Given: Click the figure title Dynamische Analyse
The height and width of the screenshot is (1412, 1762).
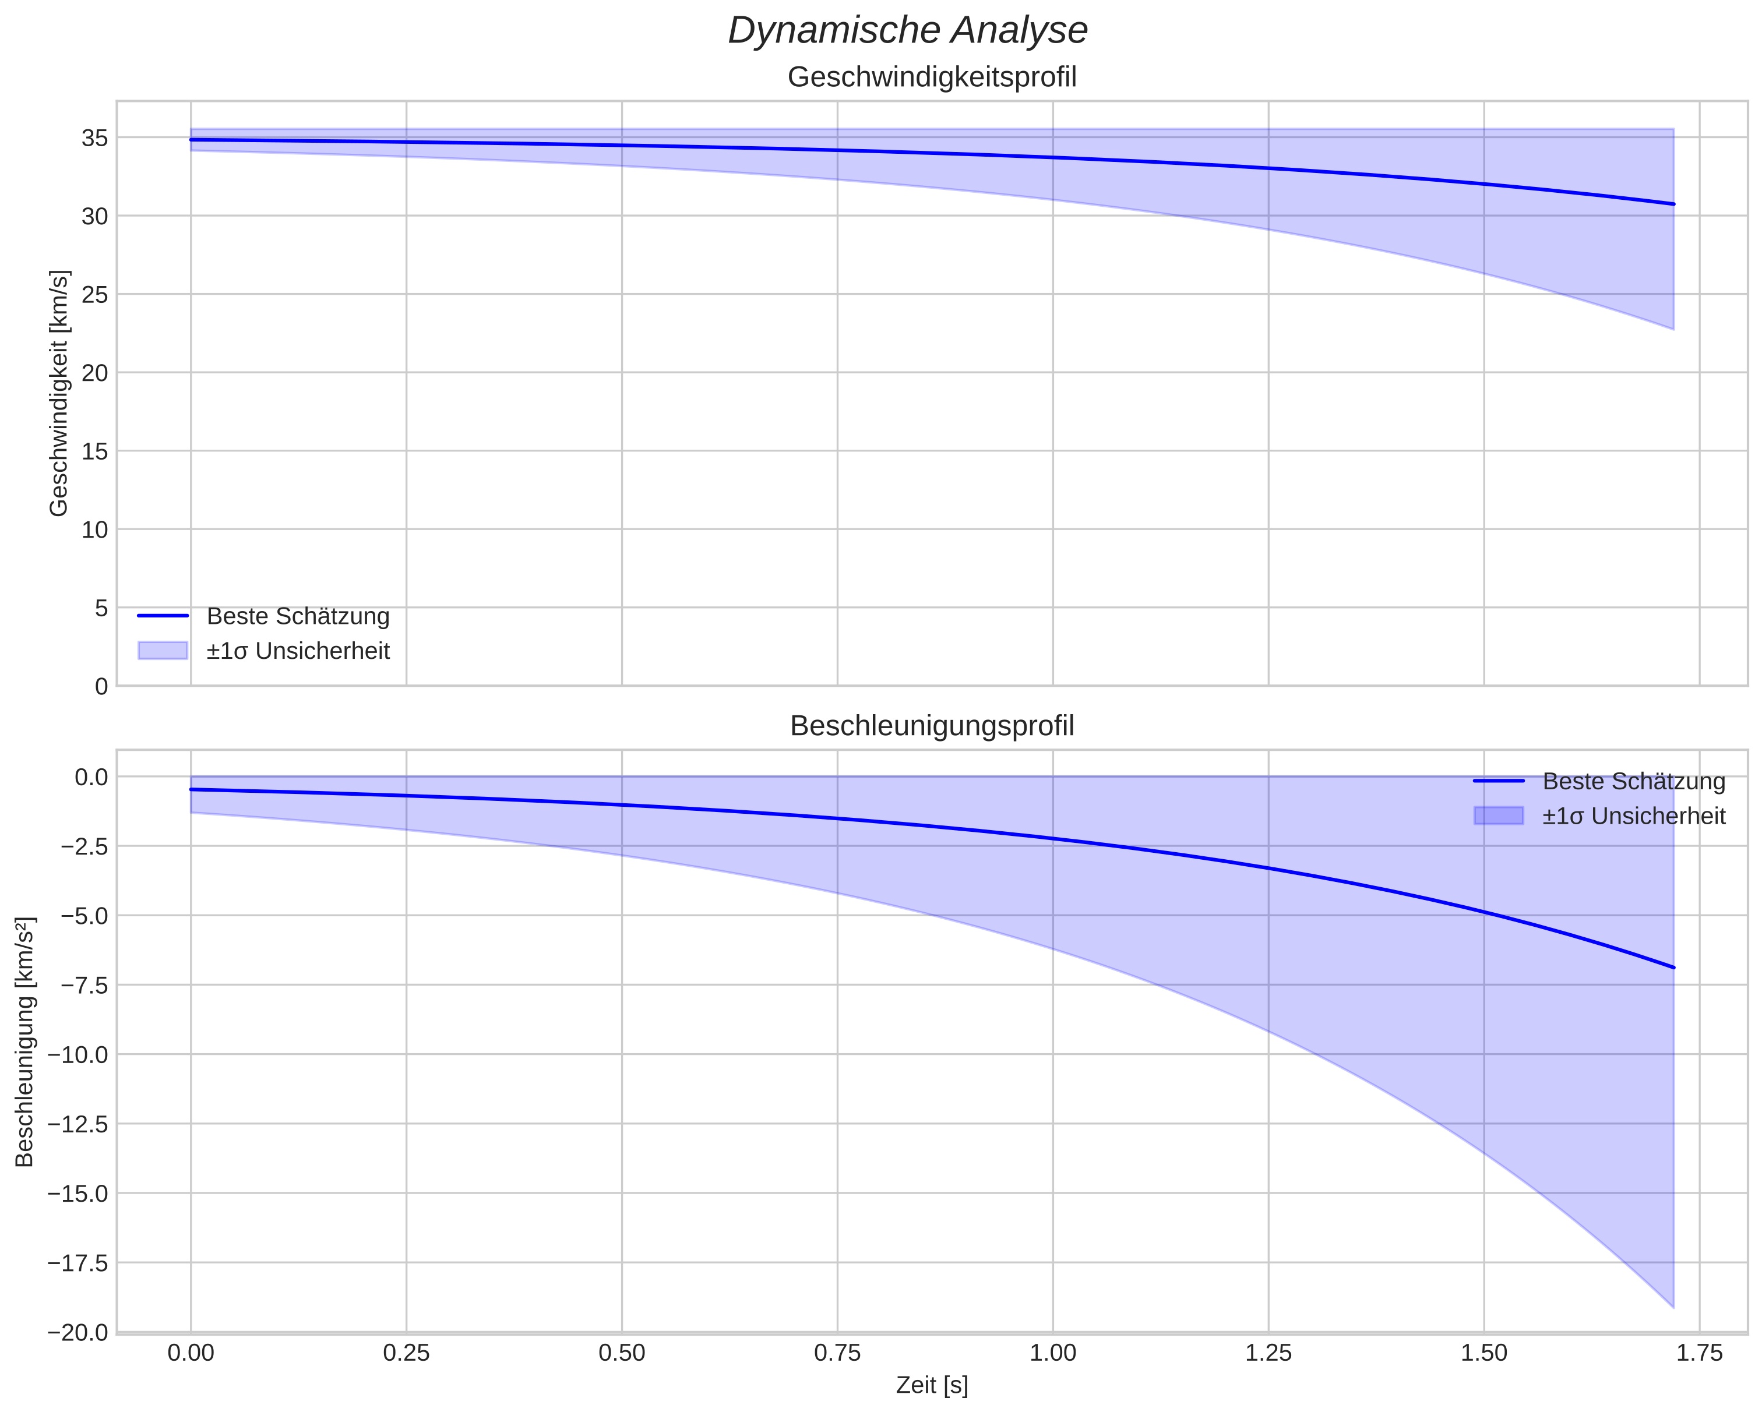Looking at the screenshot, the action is (x=908, y=31).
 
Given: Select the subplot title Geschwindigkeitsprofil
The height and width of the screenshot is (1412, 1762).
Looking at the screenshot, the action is (x=932, y=77).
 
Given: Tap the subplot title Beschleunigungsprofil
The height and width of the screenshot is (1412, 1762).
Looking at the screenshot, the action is (x=932, y=726).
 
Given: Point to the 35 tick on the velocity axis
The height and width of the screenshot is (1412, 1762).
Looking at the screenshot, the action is (x=96, y=138).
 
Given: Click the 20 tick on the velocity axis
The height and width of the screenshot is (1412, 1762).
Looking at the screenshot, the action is (x=96, y=373).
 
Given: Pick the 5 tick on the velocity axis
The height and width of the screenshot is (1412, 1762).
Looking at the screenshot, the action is (x=101, y=608).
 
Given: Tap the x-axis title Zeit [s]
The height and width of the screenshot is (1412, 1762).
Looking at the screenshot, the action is (x=932, y=1386).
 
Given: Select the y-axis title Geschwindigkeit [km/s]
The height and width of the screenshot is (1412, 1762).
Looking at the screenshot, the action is (x=59, y=393).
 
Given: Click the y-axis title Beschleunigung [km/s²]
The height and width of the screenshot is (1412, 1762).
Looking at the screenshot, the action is (x=24, y=1042).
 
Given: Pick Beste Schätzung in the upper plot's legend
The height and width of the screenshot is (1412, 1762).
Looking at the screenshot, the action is (x=298, y=616).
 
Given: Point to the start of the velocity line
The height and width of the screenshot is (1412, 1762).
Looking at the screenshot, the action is (x=191, y=140).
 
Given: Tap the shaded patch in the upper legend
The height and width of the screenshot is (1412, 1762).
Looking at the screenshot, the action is (x=163, y=651).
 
